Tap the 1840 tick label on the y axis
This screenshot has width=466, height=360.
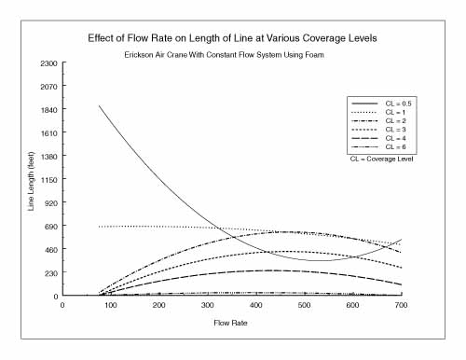(48, 109)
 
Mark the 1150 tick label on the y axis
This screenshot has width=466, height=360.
(48, 179)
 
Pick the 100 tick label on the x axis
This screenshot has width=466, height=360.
(110, 305)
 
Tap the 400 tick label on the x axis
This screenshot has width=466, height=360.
(255, 305)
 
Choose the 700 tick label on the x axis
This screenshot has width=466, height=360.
(401, 305)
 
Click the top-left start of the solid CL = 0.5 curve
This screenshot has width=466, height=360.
(99, 106)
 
